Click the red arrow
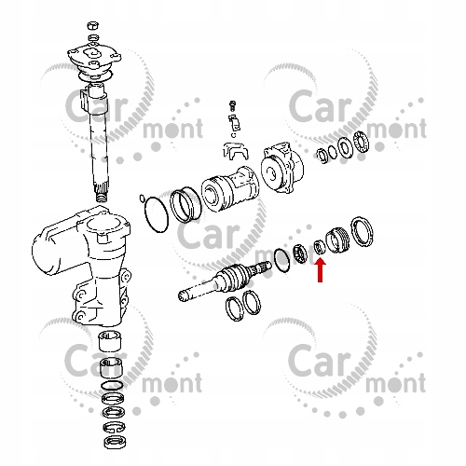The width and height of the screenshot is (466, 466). [x=321, y=270]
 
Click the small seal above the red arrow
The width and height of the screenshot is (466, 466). [x=320, y=247]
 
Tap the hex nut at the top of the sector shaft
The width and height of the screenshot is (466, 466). [x=93, y=25]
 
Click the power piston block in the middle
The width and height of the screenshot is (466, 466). [x=230, y=189]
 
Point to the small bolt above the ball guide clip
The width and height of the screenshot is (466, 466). [x=231, y=105]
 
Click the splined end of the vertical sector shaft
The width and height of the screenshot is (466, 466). [x=102, y=192]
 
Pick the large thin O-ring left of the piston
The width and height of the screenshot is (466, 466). [x=157, y=214]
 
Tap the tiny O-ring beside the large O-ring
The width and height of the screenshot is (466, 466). [x=142, y=198]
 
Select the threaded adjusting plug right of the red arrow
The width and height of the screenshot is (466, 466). [x=337, y=240]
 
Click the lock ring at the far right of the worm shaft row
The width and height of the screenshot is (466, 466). [x=362, y=232]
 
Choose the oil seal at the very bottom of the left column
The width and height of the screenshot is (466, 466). [x=115, y=442]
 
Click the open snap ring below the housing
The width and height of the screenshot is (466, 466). [x=114, y=427]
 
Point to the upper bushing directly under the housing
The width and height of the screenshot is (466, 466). [x=110, y=341]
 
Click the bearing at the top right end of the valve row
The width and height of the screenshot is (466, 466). [x=362, y=142]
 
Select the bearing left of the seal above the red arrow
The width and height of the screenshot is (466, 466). [x=301, y=254]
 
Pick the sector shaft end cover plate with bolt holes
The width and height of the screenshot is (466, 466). [x=94, y=57]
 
